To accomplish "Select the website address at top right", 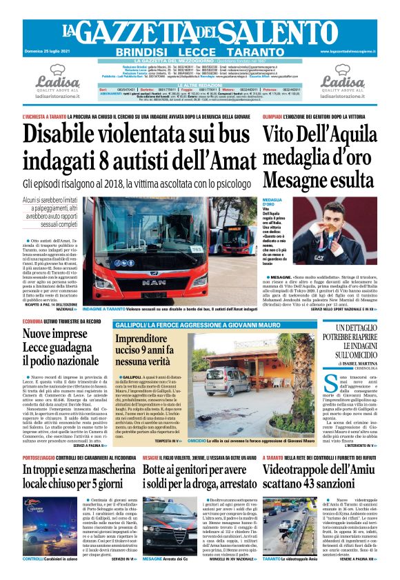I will point(349,52).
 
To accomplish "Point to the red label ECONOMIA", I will point(34,322).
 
